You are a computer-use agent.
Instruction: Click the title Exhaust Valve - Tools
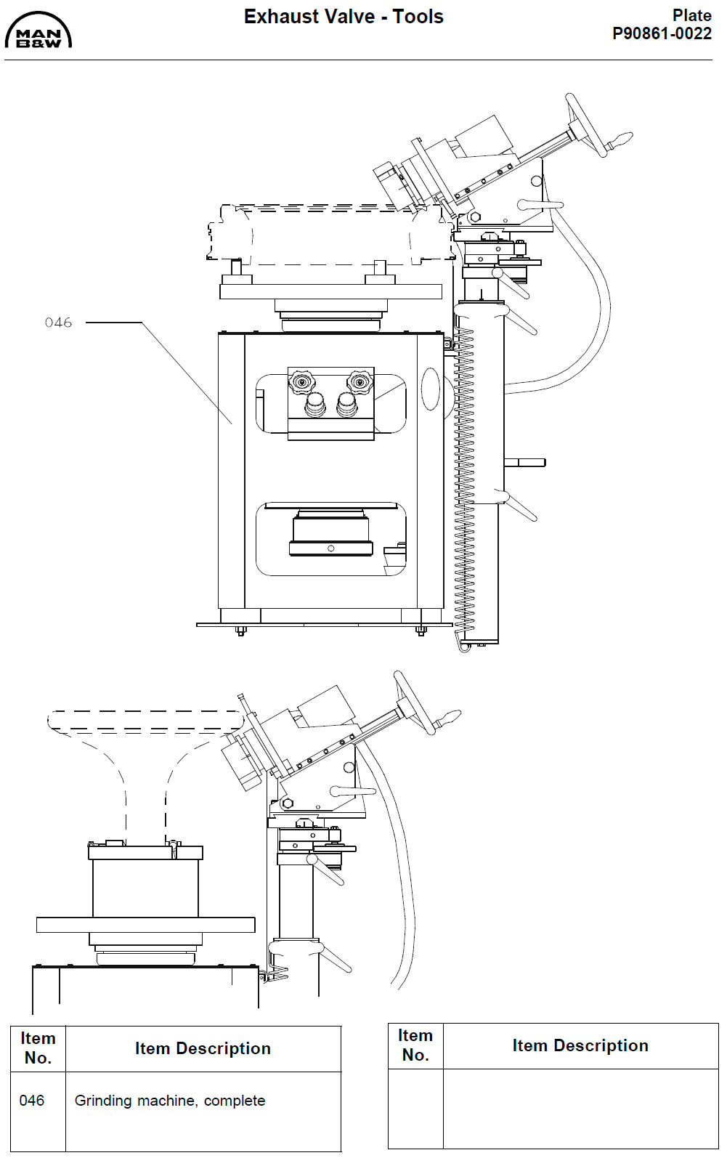[x=344, y=17]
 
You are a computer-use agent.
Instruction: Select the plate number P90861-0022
[x=662, y=34]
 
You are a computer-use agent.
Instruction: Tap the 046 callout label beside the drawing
[x=58, y=323]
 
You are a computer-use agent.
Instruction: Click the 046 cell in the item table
[x=32, y=1101]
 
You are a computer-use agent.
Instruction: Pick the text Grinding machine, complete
[x=169, y=1101]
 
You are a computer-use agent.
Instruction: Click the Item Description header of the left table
[x=203, y=1048]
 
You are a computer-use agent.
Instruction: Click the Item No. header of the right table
[x=415, y=1045]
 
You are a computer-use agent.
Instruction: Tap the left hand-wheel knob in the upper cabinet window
[x=301, y=382]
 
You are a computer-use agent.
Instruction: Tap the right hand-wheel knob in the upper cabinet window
[x=360, y=382]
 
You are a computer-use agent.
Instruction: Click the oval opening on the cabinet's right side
[x=431, y=389]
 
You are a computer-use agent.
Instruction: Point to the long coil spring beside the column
[x=463, y=479]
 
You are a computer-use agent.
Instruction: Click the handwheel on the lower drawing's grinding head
[x=414, y=703]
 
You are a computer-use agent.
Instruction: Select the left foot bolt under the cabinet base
[x=241, y=630]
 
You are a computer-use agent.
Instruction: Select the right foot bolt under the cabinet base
[x=421, y=630]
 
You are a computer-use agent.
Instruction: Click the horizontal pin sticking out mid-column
[x=525, y=462]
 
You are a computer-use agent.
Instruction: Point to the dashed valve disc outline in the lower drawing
[x=145, y=721]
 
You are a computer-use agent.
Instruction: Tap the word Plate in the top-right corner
[x=691, y=15]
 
